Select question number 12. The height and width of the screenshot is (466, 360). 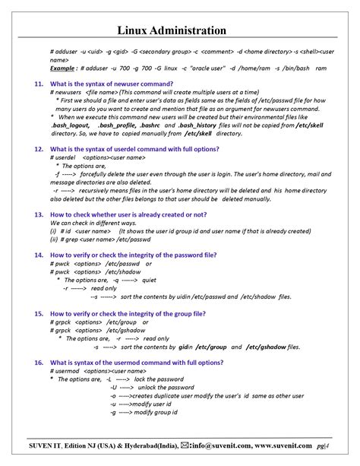(x=37, y=149)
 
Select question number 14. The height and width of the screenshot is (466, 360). (x=37, y=255)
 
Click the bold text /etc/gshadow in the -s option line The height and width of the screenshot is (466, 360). (x=272, y=346)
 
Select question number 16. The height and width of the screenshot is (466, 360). (x=37, y=363)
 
